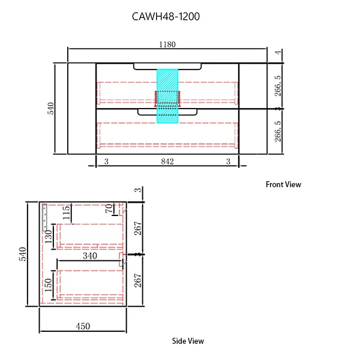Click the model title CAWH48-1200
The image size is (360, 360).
point(166,17)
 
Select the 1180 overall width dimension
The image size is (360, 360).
point(167,44)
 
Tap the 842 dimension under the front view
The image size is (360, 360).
point(167,161)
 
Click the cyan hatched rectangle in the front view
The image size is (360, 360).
point(167,96)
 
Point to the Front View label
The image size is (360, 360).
point(283,185)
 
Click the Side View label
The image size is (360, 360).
point(188,341)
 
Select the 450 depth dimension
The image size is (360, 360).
point(83,326)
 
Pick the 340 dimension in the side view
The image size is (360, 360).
point(90,256)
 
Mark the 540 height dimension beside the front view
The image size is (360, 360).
point(50,108)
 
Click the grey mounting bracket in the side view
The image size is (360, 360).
point(45,220)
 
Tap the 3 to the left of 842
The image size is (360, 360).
point(106,161)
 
